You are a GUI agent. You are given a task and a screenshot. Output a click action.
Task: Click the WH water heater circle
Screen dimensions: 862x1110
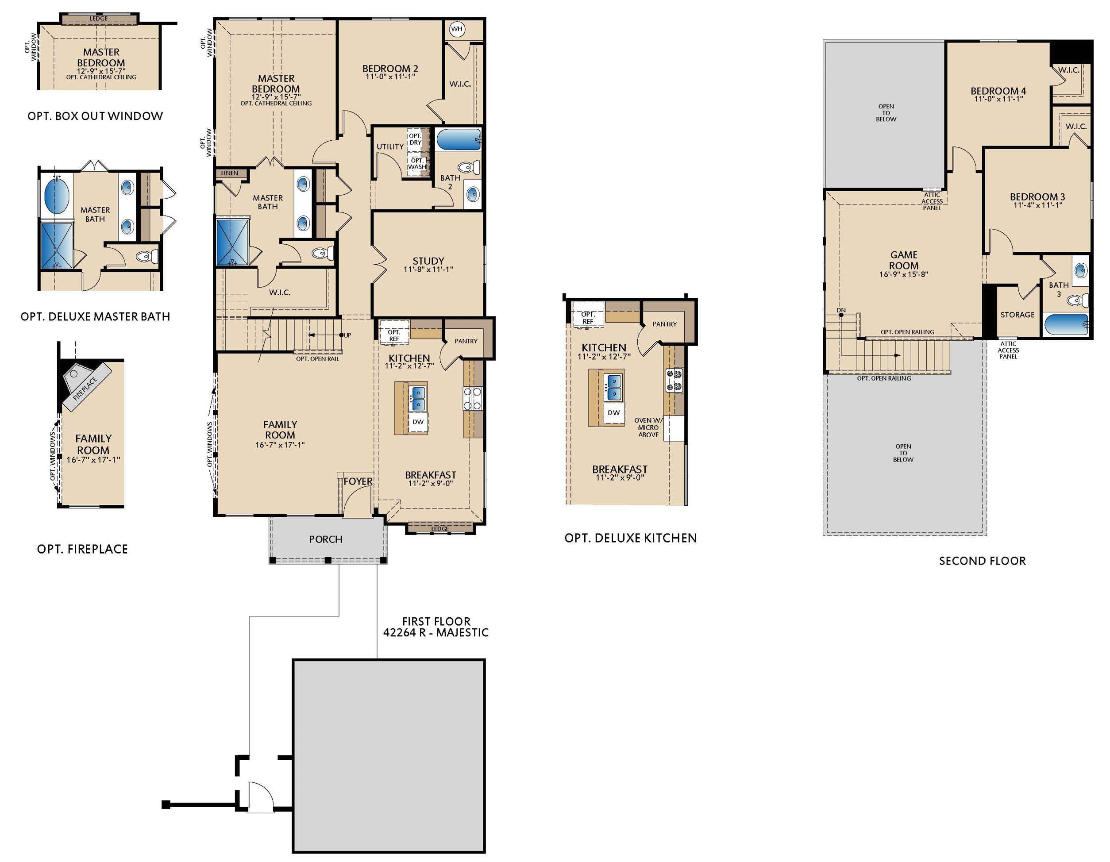coord(457,29)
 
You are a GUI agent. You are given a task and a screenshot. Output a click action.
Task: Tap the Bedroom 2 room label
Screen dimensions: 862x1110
coord(390,68)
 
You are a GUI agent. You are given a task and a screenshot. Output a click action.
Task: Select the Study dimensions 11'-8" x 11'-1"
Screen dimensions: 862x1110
coord(428,269)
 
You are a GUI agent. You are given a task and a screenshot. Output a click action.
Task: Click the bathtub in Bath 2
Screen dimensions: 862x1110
coord(458,139)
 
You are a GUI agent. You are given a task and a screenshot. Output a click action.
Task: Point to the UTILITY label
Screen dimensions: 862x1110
coord(390,146)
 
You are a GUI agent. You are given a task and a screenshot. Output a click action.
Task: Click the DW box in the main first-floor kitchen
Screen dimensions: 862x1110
coord(418,422)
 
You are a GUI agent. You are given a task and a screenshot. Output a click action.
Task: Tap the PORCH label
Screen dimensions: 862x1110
coord(325,539)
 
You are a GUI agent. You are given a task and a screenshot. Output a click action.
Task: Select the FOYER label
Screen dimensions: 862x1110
coord(358,481)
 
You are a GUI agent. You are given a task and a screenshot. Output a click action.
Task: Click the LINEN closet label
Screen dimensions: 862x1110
coord(229,173)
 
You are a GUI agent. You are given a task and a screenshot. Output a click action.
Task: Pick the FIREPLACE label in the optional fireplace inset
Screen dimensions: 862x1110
coord(85,389)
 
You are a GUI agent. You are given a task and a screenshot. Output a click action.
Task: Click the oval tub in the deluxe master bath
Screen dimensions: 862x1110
coord(56,195)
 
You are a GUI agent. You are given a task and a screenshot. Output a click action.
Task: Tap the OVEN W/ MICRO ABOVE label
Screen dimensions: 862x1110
coord(648,427)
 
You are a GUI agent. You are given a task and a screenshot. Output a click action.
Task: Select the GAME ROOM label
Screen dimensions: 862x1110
coord(903,260)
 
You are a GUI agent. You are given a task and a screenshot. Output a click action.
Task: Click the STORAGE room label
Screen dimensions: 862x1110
coord(1017,315)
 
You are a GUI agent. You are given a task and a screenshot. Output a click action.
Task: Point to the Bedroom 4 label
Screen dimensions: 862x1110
coord(998,91)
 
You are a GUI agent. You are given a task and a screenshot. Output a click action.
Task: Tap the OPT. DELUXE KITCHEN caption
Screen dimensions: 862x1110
coord(630,538)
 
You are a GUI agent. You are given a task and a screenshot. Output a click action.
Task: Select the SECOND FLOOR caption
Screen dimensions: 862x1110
coord(982,561)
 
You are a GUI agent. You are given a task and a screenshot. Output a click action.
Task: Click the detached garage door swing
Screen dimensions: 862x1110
coord(259,796)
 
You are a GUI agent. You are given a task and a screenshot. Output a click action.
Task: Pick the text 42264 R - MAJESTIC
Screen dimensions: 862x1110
coord(436,633)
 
